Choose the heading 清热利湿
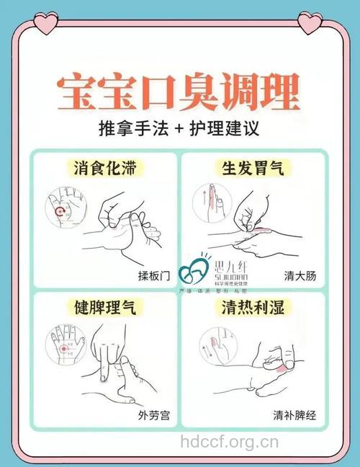pos(252,308)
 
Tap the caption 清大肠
pos(300,276)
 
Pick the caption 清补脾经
pos(294,416)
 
